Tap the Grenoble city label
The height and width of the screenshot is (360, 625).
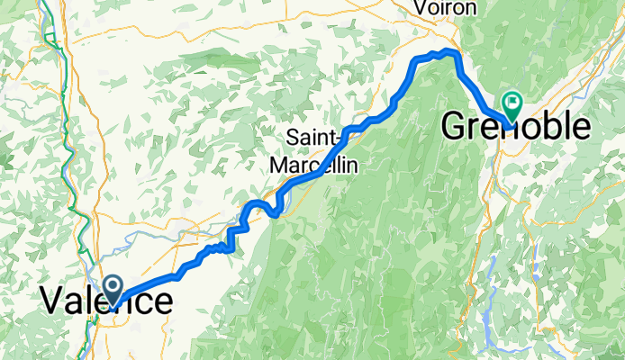pos(516,129)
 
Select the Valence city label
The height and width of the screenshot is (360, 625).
pos(105,301)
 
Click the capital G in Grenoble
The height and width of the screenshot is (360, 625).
pos(455,129)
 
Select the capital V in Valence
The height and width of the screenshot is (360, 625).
pos(53,301)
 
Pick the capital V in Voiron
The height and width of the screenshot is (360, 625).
pos(419,7)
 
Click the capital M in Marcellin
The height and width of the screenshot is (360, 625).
pos(280,166)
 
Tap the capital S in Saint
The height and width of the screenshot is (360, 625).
pos(293,138)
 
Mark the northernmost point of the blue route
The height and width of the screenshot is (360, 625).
pos(447,51)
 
